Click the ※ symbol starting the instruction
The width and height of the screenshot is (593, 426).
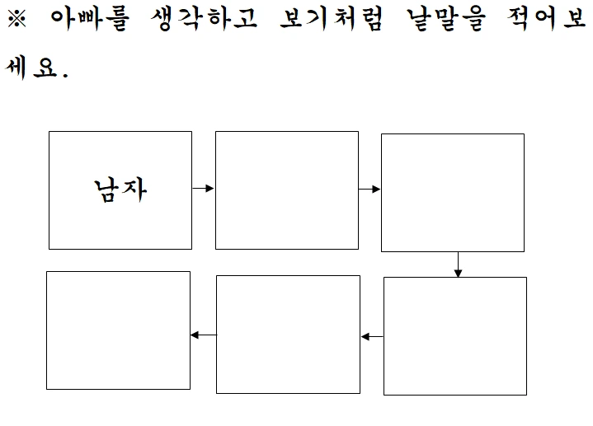coord(17,20)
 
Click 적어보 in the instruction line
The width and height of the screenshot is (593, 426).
coord(548,20)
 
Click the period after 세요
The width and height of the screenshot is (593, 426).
coord(64,75)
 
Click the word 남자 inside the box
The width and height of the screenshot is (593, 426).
coord(120,190)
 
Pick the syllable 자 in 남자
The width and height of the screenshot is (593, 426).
coord(134,190)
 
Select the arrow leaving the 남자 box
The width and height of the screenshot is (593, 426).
coord(203,189)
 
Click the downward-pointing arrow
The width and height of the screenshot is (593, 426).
coord(458,264)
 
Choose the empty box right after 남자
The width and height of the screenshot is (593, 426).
coord(287,190)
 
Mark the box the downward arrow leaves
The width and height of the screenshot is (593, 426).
coord(453,192)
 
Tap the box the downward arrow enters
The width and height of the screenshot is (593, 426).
coord(455,336)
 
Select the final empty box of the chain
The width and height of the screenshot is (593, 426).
coord(118,330)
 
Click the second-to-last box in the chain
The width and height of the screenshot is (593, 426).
coord(288,335)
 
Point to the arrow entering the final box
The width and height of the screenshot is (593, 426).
coord(203,335)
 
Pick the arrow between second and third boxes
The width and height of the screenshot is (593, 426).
coord(369,190)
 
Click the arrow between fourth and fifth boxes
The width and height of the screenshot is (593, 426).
coord(372,336)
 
